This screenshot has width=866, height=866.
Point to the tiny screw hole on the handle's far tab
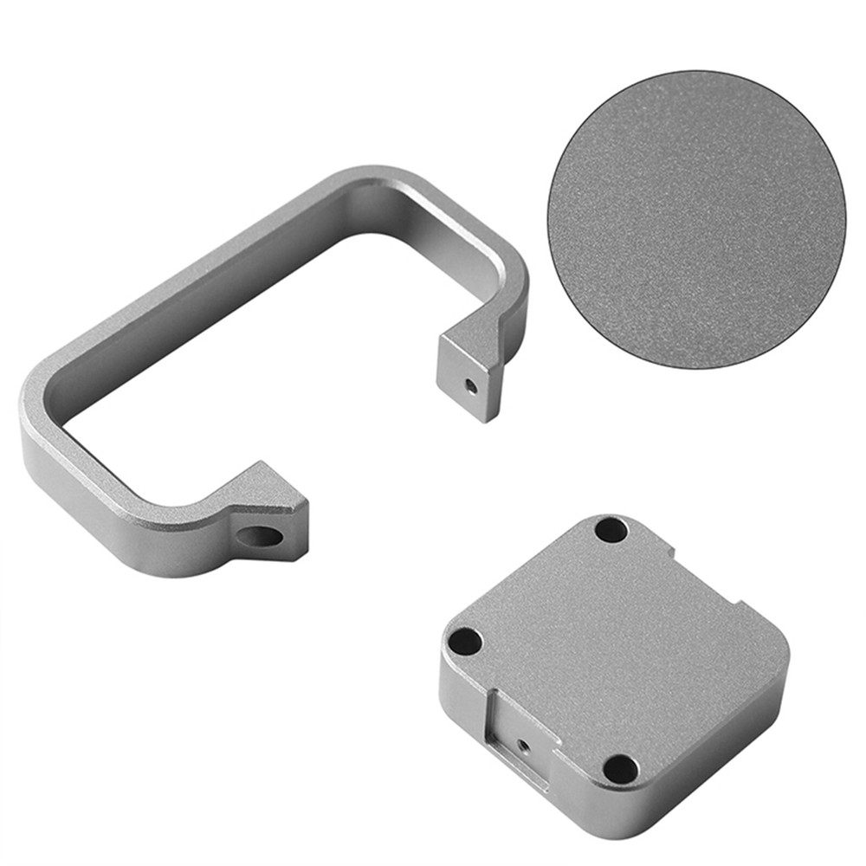tap(469, 384)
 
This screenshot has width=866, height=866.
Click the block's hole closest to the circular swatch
tap(611, 530)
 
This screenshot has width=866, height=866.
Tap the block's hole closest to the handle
tap(467, 642)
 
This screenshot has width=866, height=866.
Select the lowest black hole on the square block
tap(620, 767)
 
